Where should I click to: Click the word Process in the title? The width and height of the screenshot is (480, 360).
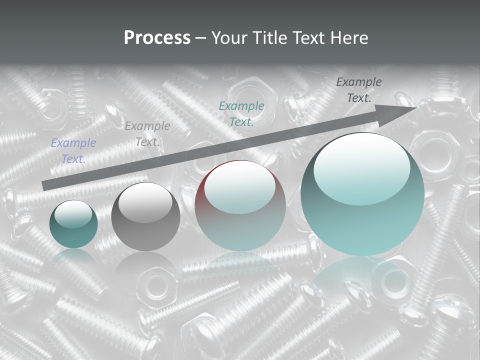coord(157,37)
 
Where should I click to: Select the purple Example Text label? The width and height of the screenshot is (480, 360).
coord(73,151)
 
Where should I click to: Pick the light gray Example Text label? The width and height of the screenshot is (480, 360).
coord(147,134)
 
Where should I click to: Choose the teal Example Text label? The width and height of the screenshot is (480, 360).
coord(241,113)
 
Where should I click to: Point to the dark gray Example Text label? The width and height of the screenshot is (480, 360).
coord(359,89)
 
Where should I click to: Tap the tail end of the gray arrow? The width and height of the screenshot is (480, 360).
coord(46,185)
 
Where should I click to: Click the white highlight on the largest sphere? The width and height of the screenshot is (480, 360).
coord(362,167)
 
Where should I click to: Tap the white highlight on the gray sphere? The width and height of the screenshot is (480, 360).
coord(145,202)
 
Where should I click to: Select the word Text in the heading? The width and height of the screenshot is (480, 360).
coord(309,37)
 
